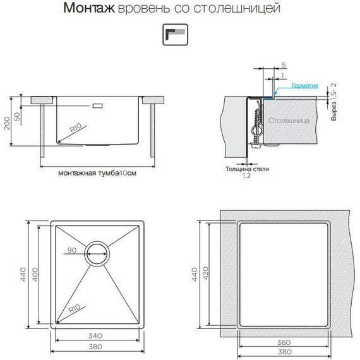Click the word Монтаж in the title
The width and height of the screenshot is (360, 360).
[89, 8]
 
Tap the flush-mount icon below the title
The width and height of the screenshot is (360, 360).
[175, 35]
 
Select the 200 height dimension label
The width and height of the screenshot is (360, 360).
[7, 123]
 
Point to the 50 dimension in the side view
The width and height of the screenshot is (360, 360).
[17, 116]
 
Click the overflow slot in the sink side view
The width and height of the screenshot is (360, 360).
[97, 106]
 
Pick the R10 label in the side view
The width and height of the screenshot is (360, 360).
[76, 128]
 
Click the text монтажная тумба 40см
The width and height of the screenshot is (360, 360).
[97, 173]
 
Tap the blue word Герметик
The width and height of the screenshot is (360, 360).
[305, 86]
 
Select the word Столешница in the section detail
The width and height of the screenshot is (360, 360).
[289, 121]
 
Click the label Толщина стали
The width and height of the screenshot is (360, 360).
[247, 169]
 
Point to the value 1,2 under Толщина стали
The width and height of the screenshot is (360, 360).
[247, 176]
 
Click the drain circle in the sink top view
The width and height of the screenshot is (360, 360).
[97, 254]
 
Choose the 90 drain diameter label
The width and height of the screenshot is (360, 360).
[72, 250]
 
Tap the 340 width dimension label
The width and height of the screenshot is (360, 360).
[95, 335]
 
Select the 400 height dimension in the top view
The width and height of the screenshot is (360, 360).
[35, 274]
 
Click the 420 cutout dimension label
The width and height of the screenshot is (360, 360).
[205, 273]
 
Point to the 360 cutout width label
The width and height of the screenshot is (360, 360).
[284, 342]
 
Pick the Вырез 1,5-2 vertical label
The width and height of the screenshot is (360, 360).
[333, 102]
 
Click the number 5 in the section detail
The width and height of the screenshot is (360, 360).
[284, 65]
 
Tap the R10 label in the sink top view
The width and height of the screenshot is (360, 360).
[75, 309]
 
